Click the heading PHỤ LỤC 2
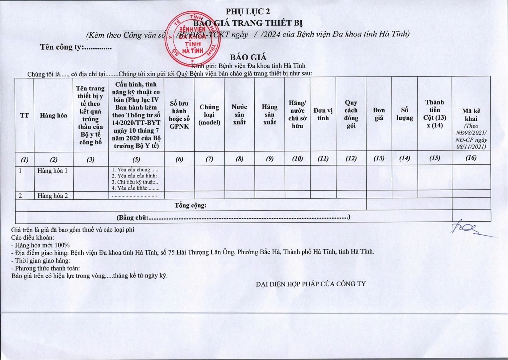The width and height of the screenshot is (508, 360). [x=248, y=12]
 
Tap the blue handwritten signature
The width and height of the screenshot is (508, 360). [x=467, y=229]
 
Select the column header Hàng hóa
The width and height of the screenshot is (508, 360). [x=53, y=115]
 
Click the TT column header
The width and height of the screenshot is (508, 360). [x=24, y=115]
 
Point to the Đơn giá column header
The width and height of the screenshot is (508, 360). [x=379, y=114]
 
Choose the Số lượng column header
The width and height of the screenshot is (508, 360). [x=404, y=114]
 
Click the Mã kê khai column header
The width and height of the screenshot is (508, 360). [x=471, y=115]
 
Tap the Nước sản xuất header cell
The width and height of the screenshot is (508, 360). [x=239, y=115]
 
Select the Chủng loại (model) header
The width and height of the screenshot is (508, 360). [x=209, y=115]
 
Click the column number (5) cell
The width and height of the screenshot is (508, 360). [x=136, y=159]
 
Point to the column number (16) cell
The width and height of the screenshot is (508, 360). [x=471, y=158]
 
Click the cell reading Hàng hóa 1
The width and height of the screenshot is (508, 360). [x=52, y=171]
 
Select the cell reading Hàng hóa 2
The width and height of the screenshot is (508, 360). [x=53, y=196]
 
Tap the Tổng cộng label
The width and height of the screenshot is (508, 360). [x=190, y=205]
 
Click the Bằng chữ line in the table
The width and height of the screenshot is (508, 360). [x=233, y=217]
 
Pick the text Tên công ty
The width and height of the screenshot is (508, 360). [x=76, y=47]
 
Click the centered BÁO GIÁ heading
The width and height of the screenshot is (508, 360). [x=248, y=57]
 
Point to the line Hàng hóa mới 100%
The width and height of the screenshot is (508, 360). [x=40, y=245]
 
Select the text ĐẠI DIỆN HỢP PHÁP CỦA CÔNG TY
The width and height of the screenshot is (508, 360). [x=311, y=284]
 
